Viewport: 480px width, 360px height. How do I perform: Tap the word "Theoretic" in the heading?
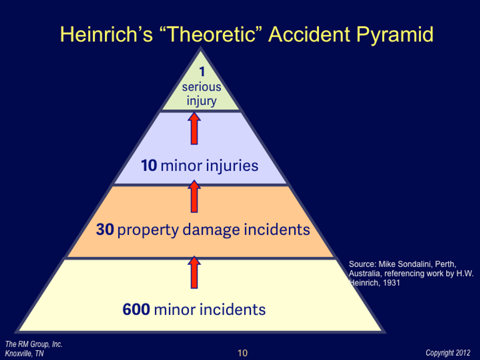[211, 35]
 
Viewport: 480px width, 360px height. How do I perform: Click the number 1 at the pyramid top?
[201, 72]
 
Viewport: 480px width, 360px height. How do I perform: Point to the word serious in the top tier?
[201, 87]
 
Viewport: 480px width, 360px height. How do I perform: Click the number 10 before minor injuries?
[149, 166]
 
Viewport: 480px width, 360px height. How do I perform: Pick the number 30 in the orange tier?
[105, 230]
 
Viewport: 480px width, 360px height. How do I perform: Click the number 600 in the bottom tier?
[136, 310]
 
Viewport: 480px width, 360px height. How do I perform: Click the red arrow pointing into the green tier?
[194, 128]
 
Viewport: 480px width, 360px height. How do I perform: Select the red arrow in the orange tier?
[194, 196]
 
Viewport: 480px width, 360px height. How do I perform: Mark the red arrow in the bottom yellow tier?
[194, 272]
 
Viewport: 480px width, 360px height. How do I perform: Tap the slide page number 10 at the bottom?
[242, 353]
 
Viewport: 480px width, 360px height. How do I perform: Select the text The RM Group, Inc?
[34, 344]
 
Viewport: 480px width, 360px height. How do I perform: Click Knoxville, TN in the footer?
[24, 354]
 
